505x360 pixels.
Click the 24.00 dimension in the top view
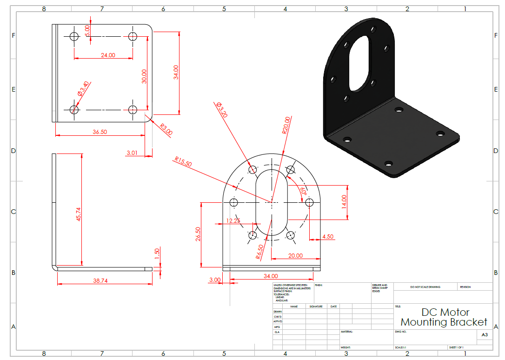pos(108,55)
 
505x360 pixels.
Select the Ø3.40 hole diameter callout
pos(84,88)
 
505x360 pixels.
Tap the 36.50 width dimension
pos(100,132)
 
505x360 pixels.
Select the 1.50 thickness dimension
pos(157,253)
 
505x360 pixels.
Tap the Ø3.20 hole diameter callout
pos(222,110)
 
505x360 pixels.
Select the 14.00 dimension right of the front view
pos(344,201)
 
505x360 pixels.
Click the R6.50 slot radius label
pos(259,252)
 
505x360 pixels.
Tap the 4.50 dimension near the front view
pos(328,236)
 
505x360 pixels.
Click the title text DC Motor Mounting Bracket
pos(444,317)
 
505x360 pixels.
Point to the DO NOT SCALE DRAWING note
pos(425,287)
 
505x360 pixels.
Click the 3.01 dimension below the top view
pos(132,152)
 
